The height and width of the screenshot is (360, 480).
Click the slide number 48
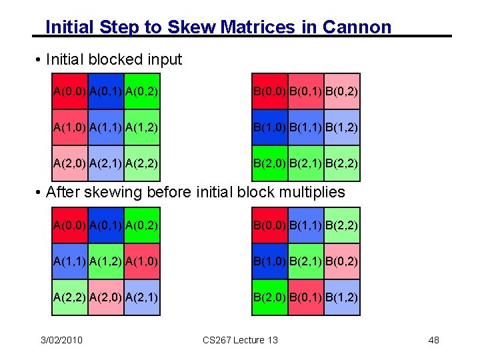(x=433, y=340)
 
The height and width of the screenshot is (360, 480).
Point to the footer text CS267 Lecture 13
(x=240, y=340)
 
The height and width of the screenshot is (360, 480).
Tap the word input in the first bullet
(x=163, y=59)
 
